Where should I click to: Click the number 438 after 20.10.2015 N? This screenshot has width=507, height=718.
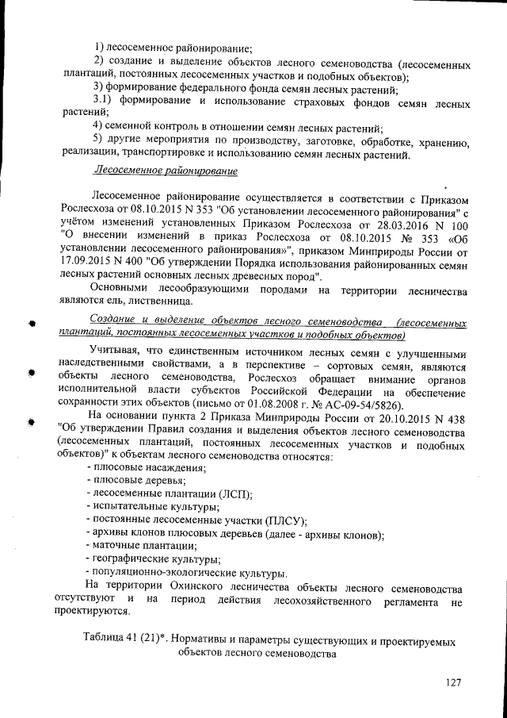(456, 419)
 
